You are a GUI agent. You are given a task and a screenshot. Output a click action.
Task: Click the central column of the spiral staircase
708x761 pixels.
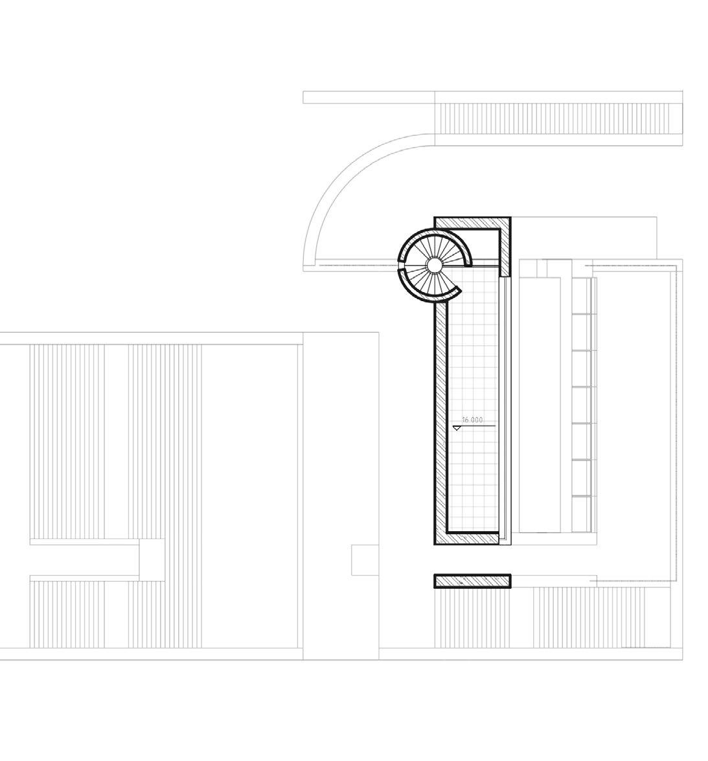[x=433, y=264]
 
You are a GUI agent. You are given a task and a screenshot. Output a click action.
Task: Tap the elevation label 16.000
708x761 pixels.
[x=472, y=420]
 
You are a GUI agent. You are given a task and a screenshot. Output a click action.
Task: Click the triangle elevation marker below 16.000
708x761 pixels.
[x=457, y=428]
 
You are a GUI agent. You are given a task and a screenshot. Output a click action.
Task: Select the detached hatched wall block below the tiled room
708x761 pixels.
[x=472, y=581]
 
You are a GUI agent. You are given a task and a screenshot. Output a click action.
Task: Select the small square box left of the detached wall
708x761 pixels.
[x=365, y=560]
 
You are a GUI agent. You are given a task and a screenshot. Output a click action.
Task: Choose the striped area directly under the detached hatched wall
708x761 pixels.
[x=472, y=618]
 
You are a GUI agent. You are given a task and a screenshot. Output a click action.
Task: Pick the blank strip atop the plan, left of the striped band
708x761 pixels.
[x=369, y=97]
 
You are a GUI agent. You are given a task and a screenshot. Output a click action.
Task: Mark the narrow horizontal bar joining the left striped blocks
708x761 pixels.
[x=85, y=541]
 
